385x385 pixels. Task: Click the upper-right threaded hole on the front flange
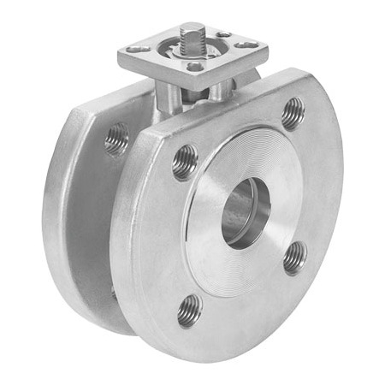[x=293, y=113]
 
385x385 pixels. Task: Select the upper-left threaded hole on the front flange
[x=185, y=162]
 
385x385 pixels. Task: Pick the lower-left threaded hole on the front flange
[x=189, y=311]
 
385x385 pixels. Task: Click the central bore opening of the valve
[x=246, y=213]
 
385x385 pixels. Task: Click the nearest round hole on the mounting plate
[x=194, y=66]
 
